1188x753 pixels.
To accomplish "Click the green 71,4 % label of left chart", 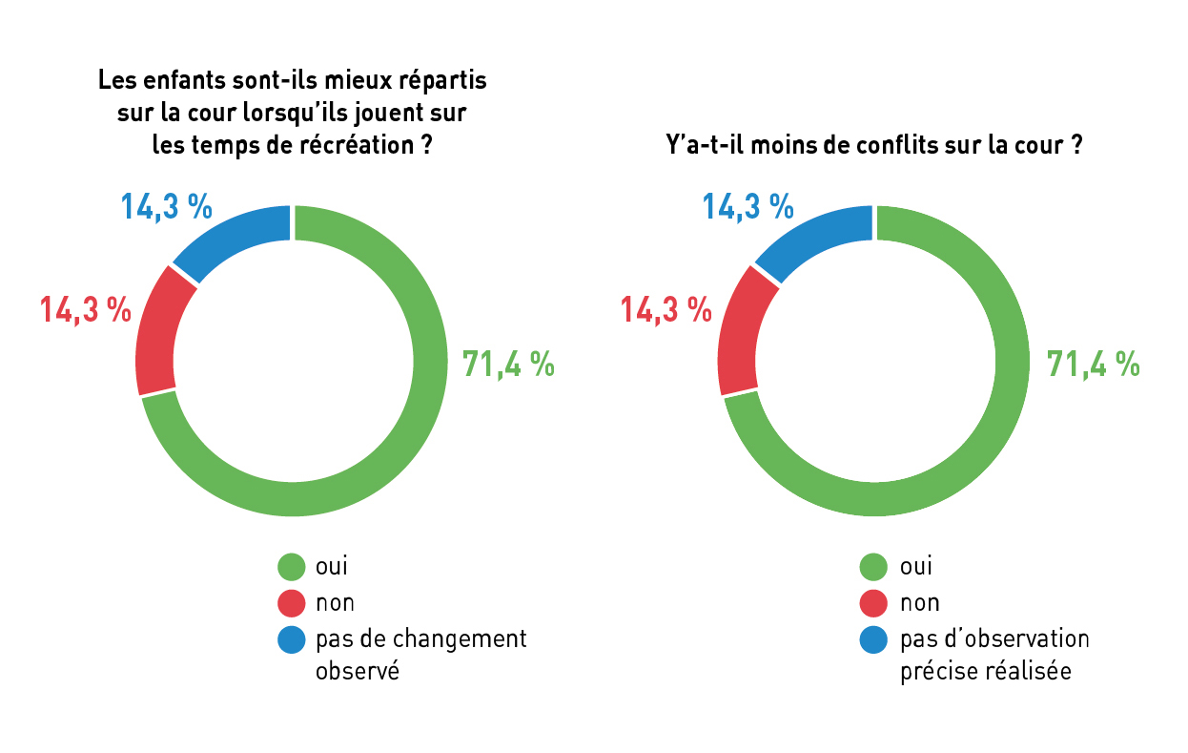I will [508, 364].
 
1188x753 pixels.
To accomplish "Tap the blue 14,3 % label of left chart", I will [166, 206].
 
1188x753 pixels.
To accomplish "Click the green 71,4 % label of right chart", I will [1093, 364].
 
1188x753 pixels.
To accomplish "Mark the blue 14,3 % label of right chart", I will [748, 206].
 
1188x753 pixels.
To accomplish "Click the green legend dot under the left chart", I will [292, 566].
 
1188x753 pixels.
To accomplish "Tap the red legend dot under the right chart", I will [873, 603].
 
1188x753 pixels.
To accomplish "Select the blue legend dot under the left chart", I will [292, 638].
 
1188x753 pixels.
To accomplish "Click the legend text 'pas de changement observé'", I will [420, 654].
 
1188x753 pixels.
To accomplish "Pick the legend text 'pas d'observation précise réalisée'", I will [993, 654].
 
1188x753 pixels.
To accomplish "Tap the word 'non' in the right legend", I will [920, 603].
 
